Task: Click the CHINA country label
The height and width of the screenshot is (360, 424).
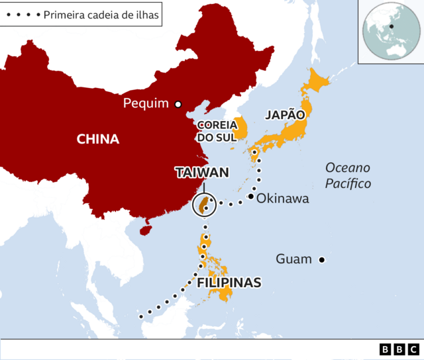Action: tap(98, 139)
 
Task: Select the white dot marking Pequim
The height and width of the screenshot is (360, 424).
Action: tap(178, 104)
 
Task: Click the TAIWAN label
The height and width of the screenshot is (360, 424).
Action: tap(202, 173)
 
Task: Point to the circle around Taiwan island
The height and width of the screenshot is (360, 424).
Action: tap(205, 206)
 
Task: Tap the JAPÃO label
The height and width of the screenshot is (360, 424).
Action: tap(285, 114)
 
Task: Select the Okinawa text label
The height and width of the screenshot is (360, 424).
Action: tap(283, 198)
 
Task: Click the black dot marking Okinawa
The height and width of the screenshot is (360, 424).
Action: tap(252, 197)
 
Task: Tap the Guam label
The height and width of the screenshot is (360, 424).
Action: tap(293, 259)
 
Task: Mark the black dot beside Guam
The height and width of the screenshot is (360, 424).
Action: tap(322, 259)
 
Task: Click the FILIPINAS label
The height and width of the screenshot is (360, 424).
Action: tap(229, 283)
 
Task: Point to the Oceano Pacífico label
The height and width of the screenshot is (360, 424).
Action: tap(348, 175)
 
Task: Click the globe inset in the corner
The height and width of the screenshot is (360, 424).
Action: tap(390, 31)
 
